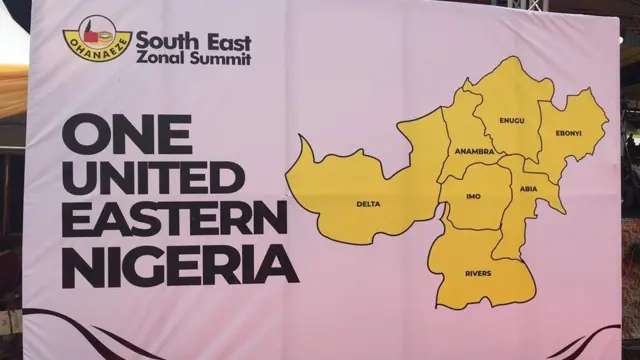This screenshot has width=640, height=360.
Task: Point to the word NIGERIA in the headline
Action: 180,263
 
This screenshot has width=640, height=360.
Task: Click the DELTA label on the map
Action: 368,204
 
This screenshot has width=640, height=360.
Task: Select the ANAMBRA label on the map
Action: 474,152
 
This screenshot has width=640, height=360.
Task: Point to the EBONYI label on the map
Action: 568,133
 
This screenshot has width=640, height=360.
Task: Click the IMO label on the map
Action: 473,196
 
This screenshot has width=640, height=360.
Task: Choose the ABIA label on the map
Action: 528,188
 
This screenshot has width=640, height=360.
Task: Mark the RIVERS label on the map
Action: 478,273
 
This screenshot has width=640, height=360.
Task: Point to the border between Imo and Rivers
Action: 470,231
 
